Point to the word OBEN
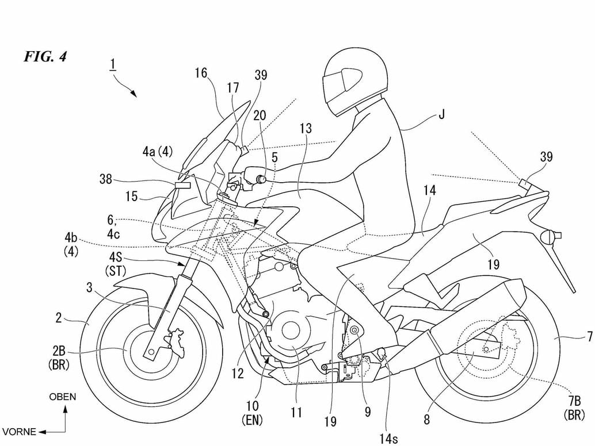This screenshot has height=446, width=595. click(x=62, y=397)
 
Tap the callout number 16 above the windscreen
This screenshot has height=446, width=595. click(x=200, y=72)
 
